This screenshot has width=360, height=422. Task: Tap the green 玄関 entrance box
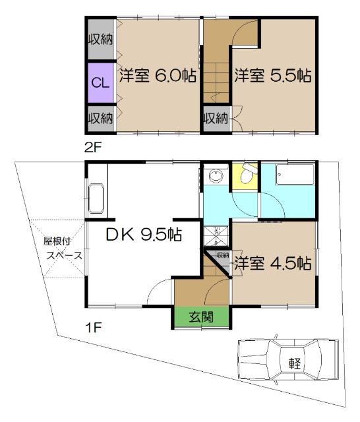(202, 316)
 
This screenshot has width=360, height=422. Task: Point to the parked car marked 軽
(287, 362)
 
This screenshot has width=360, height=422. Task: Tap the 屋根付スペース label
(59, 247)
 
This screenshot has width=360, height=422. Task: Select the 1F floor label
(92, 325)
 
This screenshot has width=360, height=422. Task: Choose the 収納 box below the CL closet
(100, 119)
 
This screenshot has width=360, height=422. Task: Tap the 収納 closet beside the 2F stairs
(214, 119)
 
